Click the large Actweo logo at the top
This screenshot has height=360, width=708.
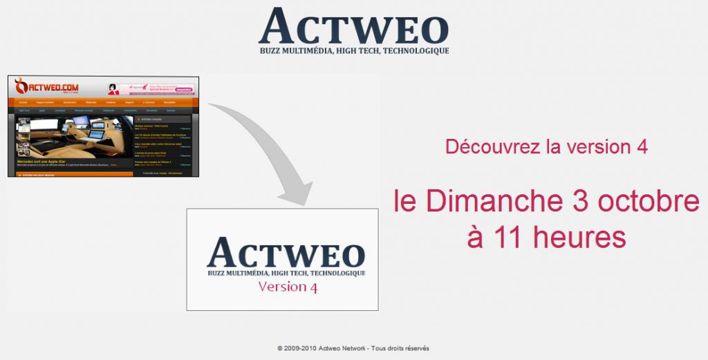[x=353, y=26]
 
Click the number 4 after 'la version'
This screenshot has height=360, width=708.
[x=642, y=147]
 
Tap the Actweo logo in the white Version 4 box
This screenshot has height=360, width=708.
[x=286, y=252]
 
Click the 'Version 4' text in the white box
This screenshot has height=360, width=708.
[x=287, y=287]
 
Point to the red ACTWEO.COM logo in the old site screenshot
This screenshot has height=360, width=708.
[x=47, y=87]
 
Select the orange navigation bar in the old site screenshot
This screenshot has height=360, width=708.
[x=104, y=102]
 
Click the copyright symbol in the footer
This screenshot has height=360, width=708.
[x=279, y=348]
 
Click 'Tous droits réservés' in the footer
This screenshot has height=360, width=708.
[x=400, y=348]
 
